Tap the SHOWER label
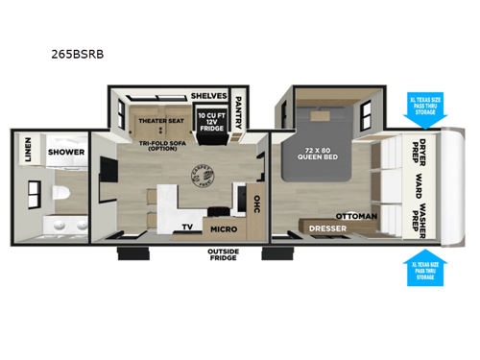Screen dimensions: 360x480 [66, 152]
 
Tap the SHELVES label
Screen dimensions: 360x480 [207, 96]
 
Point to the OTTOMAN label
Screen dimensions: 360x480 [357, 216]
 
